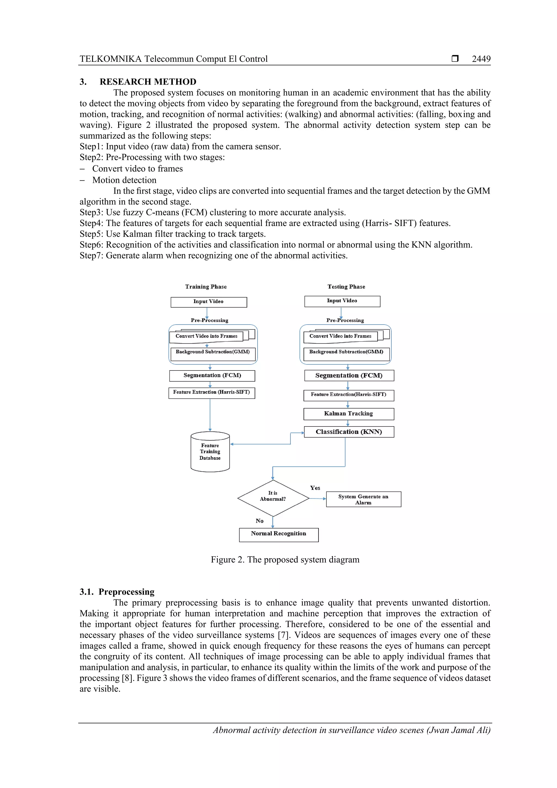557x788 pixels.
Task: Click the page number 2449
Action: (x=481, y=59)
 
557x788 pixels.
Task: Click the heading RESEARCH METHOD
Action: (x=148, y=82)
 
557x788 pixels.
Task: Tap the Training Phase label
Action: (x=206, y=287)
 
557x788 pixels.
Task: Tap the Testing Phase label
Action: (x=346, y=287)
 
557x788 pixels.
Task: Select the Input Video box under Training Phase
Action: (x=209, y=302)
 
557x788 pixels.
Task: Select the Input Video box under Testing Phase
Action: (x=342, y=301)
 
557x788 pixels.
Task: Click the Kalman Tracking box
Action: (x=349, y=413)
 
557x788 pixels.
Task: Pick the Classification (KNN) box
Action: (x=349, y=432)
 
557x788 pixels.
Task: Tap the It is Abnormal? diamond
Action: (x=273, y=498)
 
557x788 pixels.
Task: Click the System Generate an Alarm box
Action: (x=363, y=499)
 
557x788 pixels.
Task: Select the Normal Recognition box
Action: (x=279, y=535)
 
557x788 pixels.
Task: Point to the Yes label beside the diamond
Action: (x=315, y=488)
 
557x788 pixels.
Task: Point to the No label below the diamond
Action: (x=259, y=521)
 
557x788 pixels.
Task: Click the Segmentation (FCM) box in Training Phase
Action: (x=212, y=375)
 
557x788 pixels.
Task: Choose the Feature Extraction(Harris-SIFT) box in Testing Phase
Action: (x=349, y=395)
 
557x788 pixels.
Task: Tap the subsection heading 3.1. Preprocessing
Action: (x=117, y=592)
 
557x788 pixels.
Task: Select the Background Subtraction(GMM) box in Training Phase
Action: (x=213, y=354)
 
